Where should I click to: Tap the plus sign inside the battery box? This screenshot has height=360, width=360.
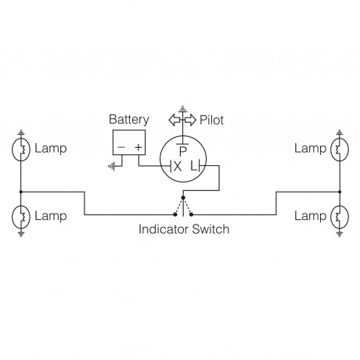pyautogui.click(x=139, y=146)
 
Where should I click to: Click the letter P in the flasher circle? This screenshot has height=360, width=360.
pyautogui.click(x=182, y=149)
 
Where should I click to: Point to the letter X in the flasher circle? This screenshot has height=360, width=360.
pyautogui.click(x=177, y=165)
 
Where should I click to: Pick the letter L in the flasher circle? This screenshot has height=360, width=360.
pyautogui.click(x=192, y=165)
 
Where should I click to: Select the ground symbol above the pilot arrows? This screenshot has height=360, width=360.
pyautogui.click(x=182, y=107)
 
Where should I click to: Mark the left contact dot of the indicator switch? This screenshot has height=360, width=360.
pyautogui.click(x=173, y=214)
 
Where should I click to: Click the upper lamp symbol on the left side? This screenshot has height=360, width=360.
pyautogui.click(x=21, y=148)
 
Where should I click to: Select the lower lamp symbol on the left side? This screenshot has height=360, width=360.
pyautogui.click(x=21, y=215)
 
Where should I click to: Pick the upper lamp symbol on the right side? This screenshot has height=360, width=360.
pyautogui.click(x=337, y=148)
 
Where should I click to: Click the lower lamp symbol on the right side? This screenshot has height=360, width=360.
pyautogui.click(x=337, y=215)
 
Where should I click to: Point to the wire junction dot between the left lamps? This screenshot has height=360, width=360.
pyautogui.click(x=21, y=190)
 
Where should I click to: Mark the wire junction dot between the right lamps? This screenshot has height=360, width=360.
pyautogui.click(x=337, y=190)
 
